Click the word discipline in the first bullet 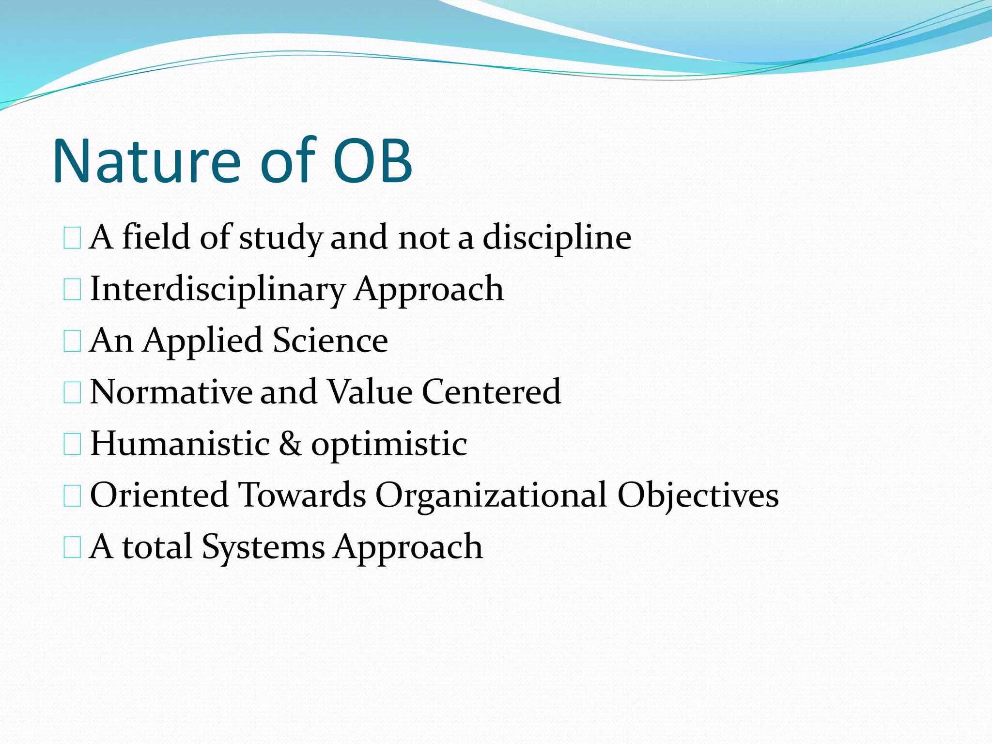pos(557,238)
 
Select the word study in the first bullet pos(280,238)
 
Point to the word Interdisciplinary pos(217,290)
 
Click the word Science pos(330,341)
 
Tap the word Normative pos(171,392)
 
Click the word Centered pos(491,392)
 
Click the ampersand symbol pos(290,444)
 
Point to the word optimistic pos(389,445)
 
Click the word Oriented pos(159,495)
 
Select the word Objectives pos(697,496)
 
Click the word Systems pos(263,547)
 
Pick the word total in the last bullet pos(157,547)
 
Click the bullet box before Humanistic pos(72,444)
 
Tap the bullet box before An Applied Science pos(72,341)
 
